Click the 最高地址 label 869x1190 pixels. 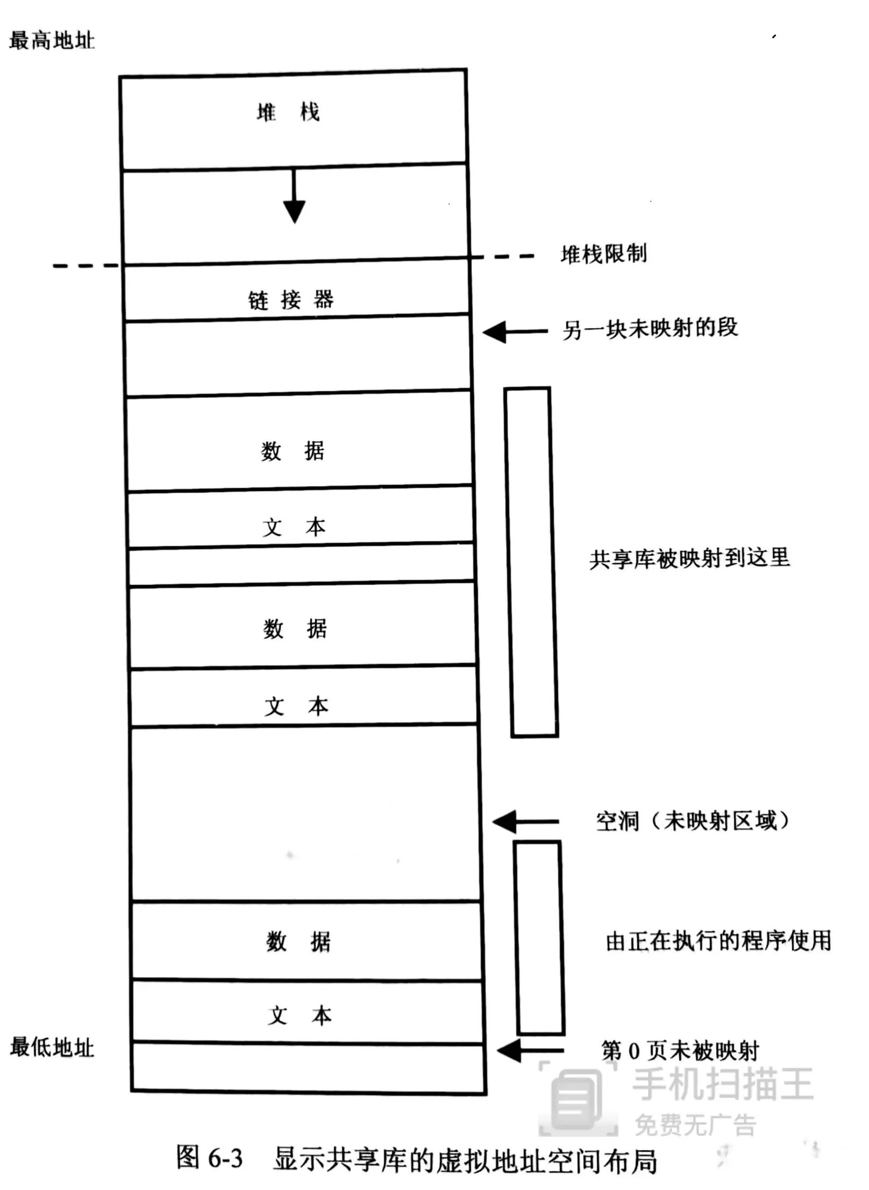pyautogui.click(x=52, y=40)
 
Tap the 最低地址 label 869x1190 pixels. pyautogui.click(x=52, y=1047)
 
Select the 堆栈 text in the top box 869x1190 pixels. pyautogui.click(x=288, y=112)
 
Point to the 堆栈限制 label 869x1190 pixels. pyautogui.click(x=603, y=253)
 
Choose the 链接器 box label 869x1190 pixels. pyautogui.click(x=291, y=300)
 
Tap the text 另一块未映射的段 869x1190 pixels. pyautogui.click(x=650, y=328)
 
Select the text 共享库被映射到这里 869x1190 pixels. pyautogui.click(x=689, y=558)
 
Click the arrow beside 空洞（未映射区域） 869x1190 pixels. pyautogui.click(x=525, y=821)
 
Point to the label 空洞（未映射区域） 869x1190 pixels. pyautogui.click(x=693, y=821)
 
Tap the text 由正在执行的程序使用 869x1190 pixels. pyautogui.click(x=718, y=940)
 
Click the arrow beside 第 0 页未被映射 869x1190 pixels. pyautogui.click(x=530, y=1050)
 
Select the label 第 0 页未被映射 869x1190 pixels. pyautogui.click(x=680, y=1050)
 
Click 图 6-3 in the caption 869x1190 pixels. pyautogui.click(x=210, y=1158)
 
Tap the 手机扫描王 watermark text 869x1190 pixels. pyautogui.click(x=723, y=1084)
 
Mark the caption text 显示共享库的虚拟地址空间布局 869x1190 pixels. pyautogui.click(x=466, y=1160)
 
